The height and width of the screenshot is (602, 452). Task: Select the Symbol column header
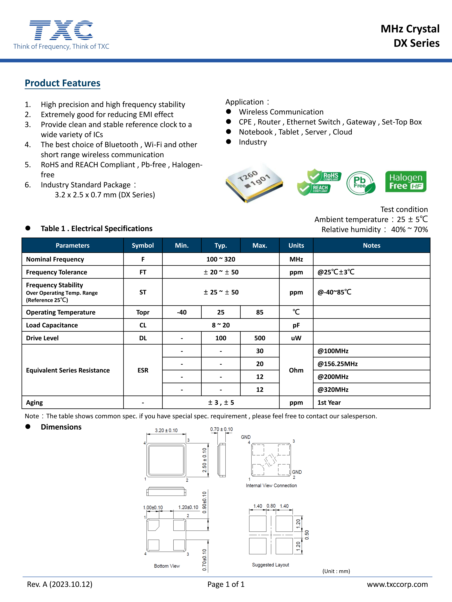click(143, 245)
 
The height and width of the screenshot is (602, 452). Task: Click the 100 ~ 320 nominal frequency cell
click(221, 259)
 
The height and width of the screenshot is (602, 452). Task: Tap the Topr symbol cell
click(143, 312)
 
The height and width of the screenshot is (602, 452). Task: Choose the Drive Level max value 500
click(260, 338)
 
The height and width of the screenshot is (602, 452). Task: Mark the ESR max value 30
click(260, 351)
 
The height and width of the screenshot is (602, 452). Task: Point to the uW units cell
click(296, 338)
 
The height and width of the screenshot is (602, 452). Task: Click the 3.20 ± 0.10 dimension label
click(166, 430)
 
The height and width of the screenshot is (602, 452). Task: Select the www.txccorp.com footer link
click(397, 584)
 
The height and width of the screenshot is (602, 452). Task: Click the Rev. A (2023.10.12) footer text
click(60, 584)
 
